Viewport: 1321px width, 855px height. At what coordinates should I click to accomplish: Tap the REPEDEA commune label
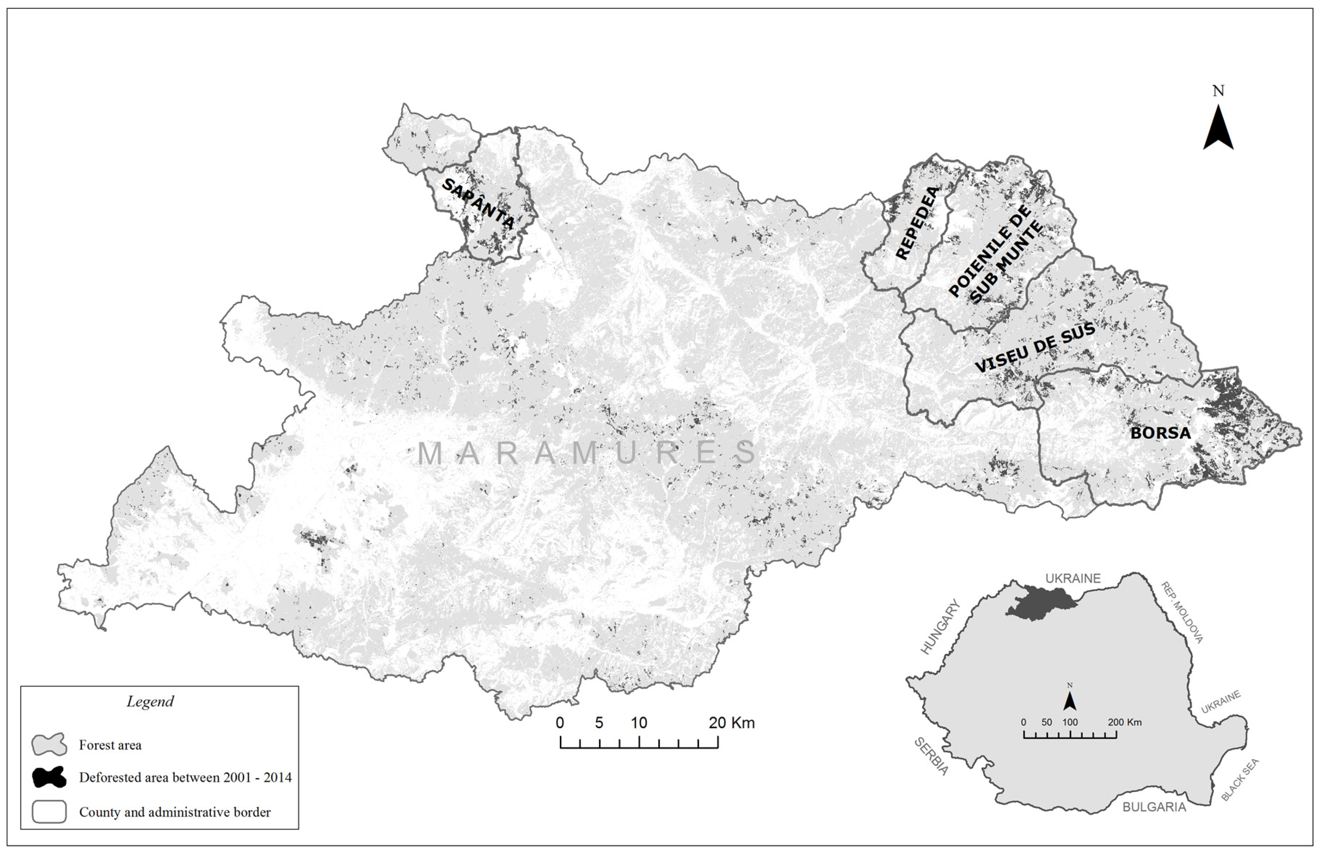click(918, 223)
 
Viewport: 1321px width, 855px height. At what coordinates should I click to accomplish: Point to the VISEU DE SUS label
click(1035, 348)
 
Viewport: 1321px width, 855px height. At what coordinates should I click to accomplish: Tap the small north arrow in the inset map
click(1070, 701)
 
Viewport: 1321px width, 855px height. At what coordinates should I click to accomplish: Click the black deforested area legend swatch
click(49, 777)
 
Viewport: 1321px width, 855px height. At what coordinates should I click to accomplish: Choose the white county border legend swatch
click(49, 811)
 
